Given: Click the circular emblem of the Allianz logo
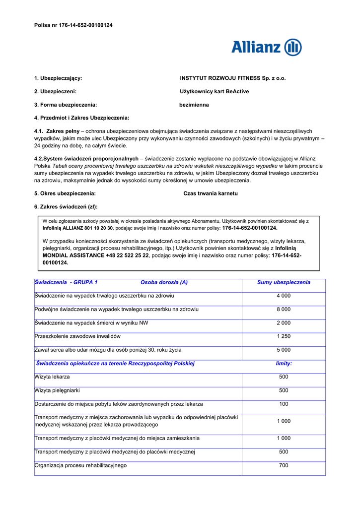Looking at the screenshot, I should click(293, 47).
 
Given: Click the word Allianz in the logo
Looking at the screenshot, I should click(256, 47).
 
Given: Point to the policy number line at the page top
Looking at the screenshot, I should click(73, 25).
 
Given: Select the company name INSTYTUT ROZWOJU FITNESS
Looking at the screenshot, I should click(232, 78).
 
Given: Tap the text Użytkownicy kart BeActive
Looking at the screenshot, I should click(214, 91).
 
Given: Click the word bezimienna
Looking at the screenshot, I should click(194, 105).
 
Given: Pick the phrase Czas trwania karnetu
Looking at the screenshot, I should click(211, 193).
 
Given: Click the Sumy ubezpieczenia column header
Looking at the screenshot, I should click(284, 282).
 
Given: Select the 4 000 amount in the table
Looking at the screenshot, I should click(284, 296).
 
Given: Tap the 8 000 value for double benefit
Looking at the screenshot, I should click(284, 309).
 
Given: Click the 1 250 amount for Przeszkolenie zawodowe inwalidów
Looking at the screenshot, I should click(284, 336).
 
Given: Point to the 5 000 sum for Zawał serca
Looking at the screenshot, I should click(284, 350).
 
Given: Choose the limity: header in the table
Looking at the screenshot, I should click(284, 363).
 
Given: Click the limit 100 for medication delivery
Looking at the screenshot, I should click(284, 404).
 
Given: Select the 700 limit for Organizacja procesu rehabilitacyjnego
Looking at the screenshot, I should click(284, 465).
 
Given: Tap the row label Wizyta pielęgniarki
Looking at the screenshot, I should click(57, 390).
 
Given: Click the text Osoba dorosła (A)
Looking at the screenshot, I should click(164, 282).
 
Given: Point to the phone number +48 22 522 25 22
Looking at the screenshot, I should click(127, 255).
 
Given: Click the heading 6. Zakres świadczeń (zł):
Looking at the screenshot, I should click(66, 206).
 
